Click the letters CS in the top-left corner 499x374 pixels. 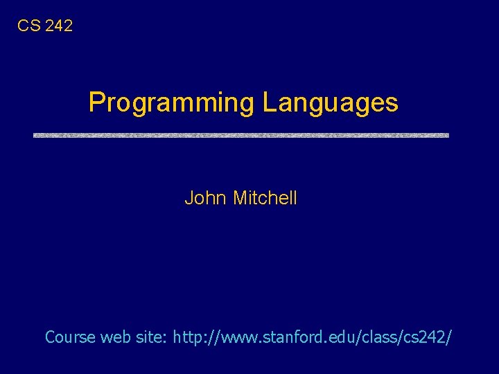(28, 26)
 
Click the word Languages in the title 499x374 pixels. (330, 103)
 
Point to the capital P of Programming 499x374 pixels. (96, 102)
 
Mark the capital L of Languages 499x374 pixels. (268, 102)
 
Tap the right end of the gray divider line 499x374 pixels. (447, 135)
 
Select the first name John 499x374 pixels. (205, 198)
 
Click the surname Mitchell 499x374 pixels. (265, 198)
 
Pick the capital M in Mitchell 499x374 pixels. (240, 198)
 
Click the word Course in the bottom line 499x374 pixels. (70, 337)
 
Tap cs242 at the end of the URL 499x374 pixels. (429, 337)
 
